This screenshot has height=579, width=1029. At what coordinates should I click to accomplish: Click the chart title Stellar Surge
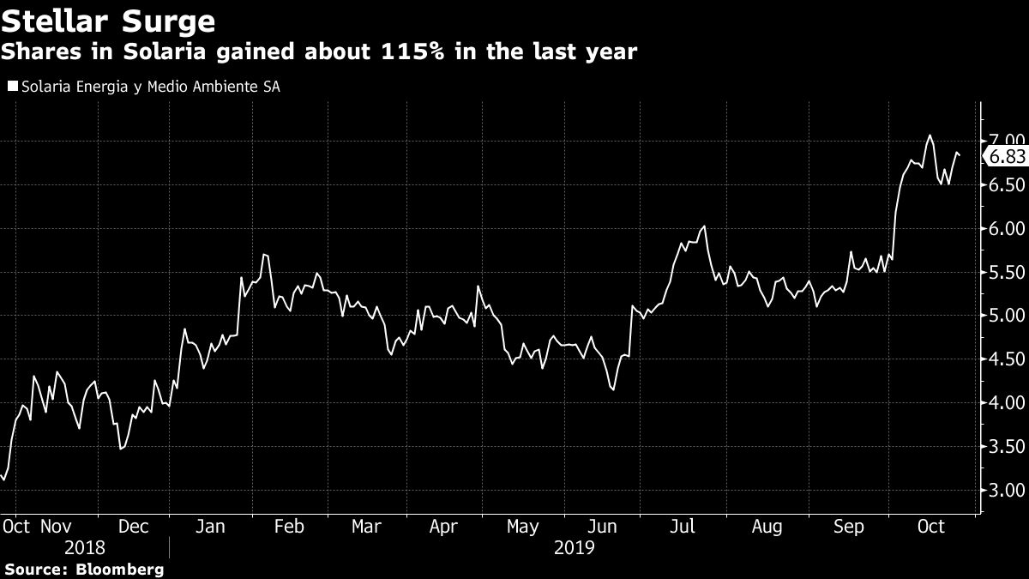point(108,19)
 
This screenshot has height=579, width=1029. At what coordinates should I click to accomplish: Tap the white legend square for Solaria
point(11,87)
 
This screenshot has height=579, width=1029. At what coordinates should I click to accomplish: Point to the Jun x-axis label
point(604,527)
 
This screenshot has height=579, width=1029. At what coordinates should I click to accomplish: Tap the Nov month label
point(57,527)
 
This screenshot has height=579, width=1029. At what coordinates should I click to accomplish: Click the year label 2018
point(84,547)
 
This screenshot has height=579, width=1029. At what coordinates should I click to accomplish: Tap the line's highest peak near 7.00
point(929,136)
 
